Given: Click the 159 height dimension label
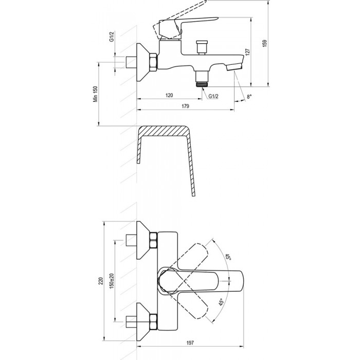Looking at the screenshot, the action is pyautogui.click(x=265, y=43).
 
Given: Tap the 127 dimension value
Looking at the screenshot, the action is pyautogui.click(x=247, y=52).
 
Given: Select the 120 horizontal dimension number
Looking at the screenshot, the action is pyautogui.click(x=169, y=95).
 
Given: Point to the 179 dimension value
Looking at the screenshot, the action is pyautogui.click(x=185, y=106).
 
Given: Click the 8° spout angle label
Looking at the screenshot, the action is pyautogui.click(x=249, y=97).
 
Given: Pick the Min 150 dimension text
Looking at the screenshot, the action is pyautogui.click(x=95, y=94).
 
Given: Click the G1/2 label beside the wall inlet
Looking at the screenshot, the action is pyautogui.click(x=112, y=37).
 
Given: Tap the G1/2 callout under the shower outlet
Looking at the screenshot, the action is pyautogui.click(x=213, y=96).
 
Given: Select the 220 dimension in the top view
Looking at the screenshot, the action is pyautogui.click(x=101, y=281).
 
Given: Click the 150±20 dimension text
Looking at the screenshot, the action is pyautogui.click(x=112, y=281).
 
